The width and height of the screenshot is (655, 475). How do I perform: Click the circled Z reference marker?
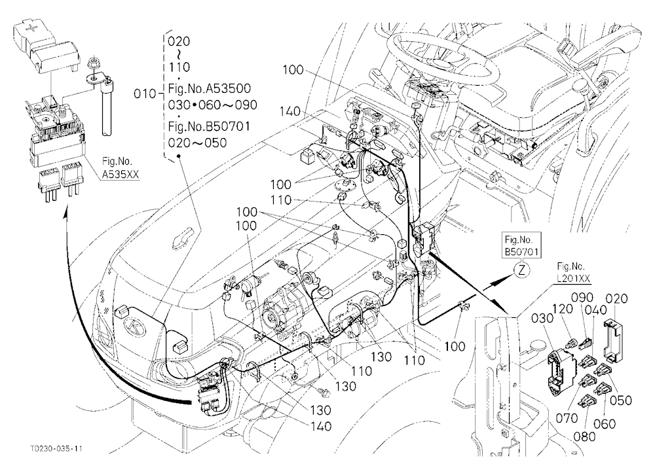tap(522, 270)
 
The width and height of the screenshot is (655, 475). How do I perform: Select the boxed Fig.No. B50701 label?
tap(522, 246)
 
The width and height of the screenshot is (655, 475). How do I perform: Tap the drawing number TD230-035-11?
tap(56, 449)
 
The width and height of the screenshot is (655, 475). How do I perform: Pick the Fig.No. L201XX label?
tap(571, 272)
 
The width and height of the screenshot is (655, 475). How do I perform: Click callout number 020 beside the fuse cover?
tap(616, 298)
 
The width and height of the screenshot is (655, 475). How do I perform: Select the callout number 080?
tap(584, 436)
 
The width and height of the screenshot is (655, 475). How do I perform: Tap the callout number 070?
tap(567, 417)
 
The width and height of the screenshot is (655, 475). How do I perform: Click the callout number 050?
tap(621, 400)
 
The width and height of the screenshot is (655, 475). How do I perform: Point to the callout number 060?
tap(605, 424)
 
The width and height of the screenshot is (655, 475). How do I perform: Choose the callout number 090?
tap(582, 297)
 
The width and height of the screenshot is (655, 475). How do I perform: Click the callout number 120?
tap(562, 309)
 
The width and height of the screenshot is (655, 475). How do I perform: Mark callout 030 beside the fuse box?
tap(542, 318)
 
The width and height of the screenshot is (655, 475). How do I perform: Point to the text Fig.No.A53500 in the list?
tap(210, 88)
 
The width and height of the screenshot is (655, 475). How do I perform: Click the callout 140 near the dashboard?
tap(290, 111)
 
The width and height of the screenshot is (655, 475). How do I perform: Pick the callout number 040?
tap(596, 309)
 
